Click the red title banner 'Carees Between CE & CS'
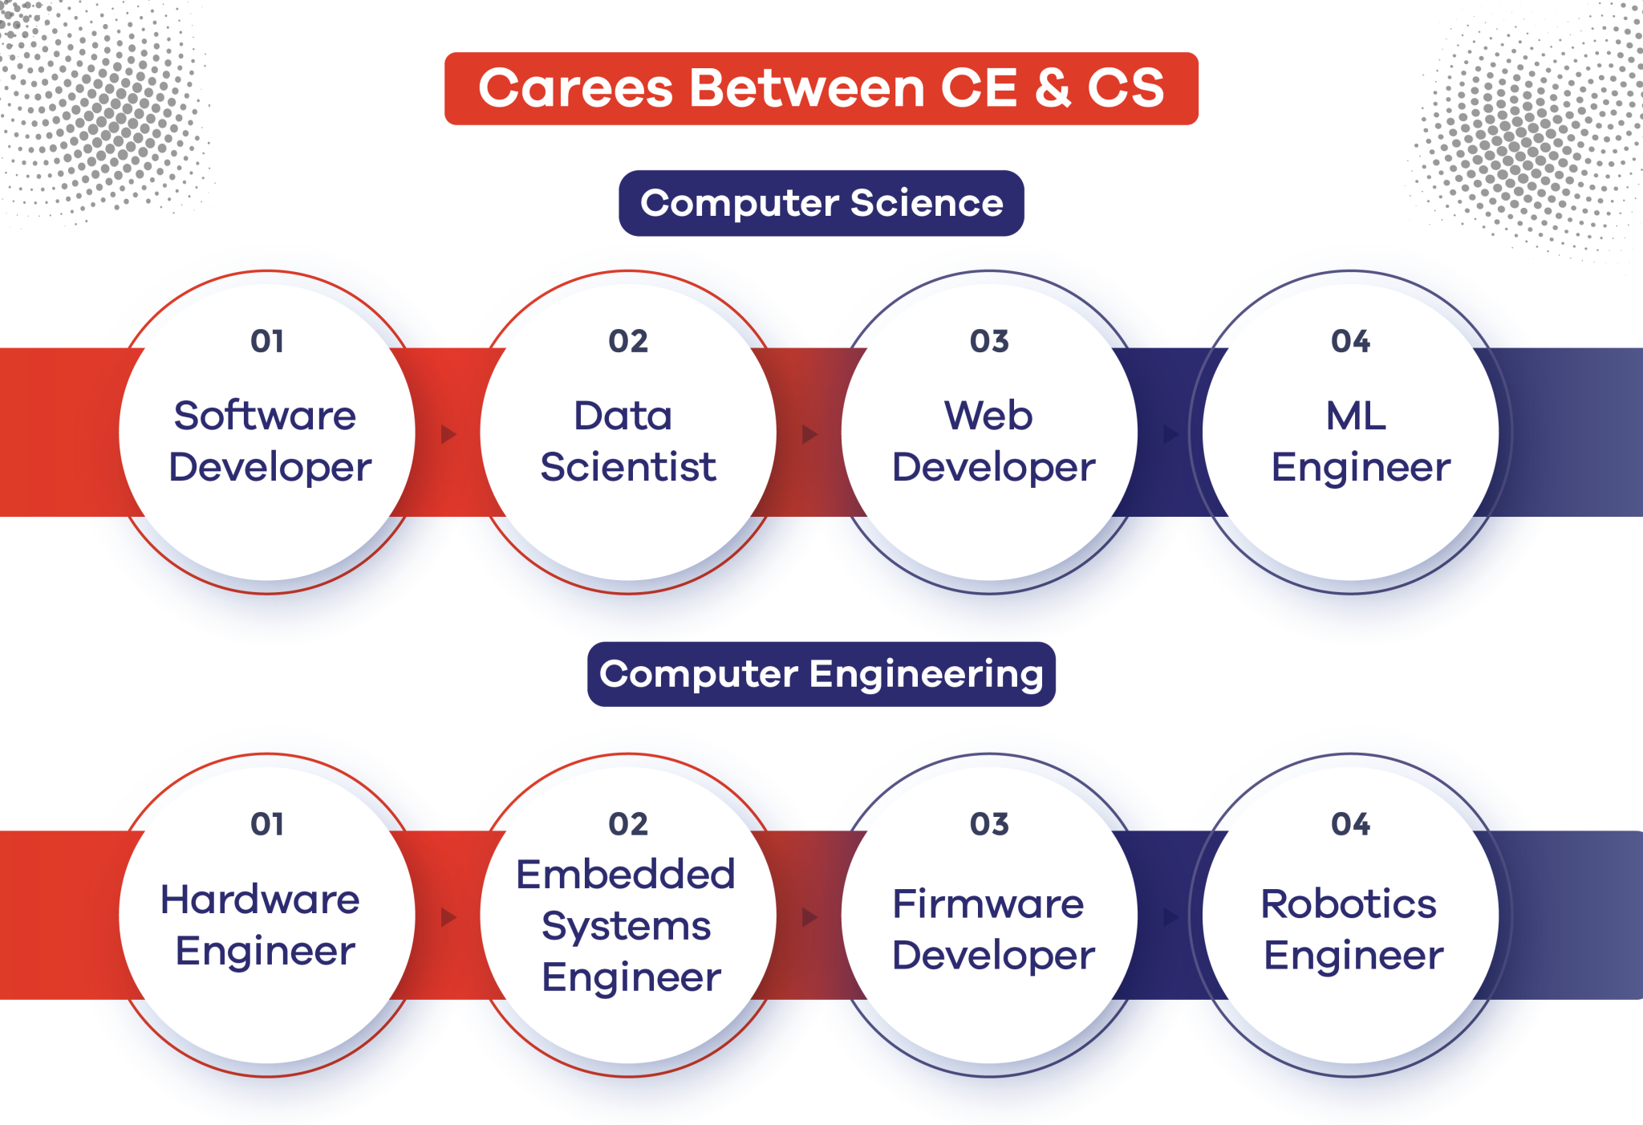coord(821,88)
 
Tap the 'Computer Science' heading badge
coord(821,203)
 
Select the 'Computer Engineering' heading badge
coord(821,674)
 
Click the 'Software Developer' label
coord(269,441)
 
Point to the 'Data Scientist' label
coord(627,441)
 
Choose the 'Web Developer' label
coord(992,441)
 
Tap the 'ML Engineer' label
coord(1359,441)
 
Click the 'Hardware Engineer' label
coord(262,924)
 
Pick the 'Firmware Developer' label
coord(992,929)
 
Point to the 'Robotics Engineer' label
coord(1352,929)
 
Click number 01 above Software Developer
coord(267,342)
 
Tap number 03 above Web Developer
coord(989,342)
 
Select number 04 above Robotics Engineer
coord(1350,824)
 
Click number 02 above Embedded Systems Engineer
coord(627,824)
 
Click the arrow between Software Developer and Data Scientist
coord(448,434)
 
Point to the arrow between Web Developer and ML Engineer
coord(1170,434)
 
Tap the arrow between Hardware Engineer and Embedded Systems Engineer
coord(448,916)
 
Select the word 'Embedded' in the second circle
coord(626,874)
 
